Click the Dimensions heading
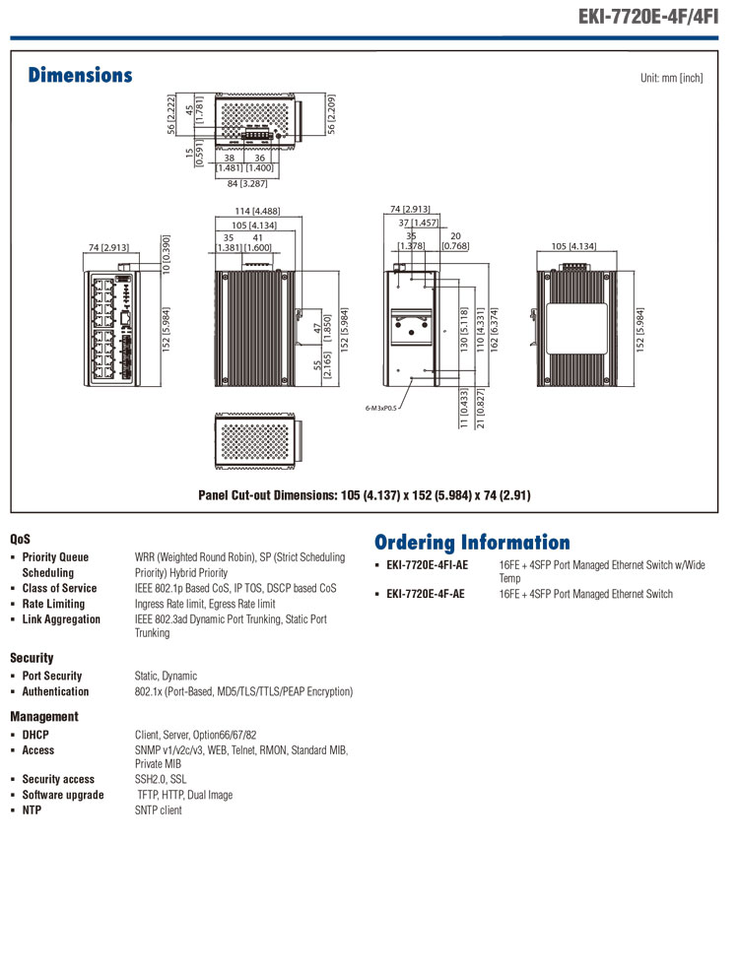[x=80, y=75]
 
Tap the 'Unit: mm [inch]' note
[x=672, y=78]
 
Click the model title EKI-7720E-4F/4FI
[x=648, y=16]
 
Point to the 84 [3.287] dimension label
[x=247, y=184]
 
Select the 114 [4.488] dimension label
[x=257, y=211]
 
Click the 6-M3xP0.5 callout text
[x=380, y=409]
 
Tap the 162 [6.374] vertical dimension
[x=494, y=330]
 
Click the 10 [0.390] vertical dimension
[x=166, y=254]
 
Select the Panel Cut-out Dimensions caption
[x=364, y=495]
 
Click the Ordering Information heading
[x=472, y=543]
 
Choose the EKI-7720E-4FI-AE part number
[x=427, y=565]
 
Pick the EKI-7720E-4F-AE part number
[x=426, y=594]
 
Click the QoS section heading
[x=20, y=539]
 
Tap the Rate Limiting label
[x=53, y=604]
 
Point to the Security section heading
[x=32, y=658]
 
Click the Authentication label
[x=55, y=691]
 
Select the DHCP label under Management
[x=35, y=735]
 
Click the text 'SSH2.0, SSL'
[x=161, y=780]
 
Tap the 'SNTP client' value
[x=159, y=810]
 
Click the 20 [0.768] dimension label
[x=455, y=241]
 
